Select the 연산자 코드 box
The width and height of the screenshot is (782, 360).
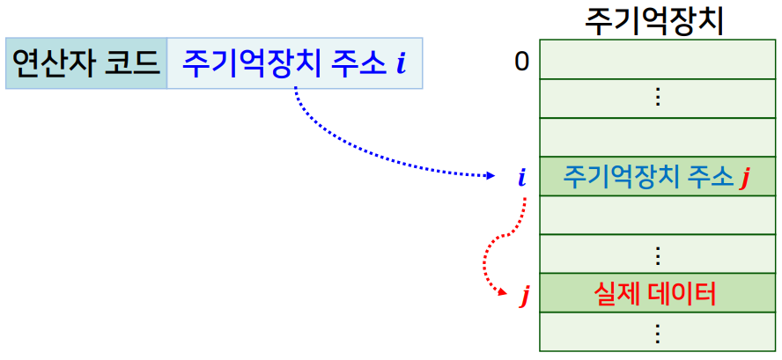coord(85,62)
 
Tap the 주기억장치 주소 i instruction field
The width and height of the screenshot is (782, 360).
coord(294,62)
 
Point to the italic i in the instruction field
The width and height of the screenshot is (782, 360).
coord(402,63)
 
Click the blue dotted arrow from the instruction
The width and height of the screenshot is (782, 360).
coord(352,150)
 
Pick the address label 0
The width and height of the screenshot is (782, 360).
coord(521,62)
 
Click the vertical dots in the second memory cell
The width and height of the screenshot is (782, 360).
coord(657,98)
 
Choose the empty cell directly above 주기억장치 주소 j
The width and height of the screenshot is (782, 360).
coord(657,137)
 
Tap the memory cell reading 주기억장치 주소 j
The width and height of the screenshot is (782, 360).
coord(657,177)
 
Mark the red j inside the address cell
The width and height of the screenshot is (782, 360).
coord(745,179)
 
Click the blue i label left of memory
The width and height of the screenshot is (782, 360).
coord(522,178)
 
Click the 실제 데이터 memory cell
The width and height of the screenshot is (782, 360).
coord(657,293)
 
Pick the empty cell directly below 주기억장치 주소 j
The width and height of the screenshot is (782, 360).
coord(657,216)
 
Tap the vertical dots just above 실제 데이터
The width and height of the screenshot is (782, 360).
coord(657,255)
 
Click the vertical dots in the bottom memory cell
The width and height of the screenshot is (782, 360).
coord(657,333)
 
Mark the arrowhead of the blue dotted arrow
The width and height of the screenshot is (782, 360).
coord(492,176)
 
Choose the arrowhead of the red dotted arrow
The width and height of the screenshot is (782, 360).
coord(502,293)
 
